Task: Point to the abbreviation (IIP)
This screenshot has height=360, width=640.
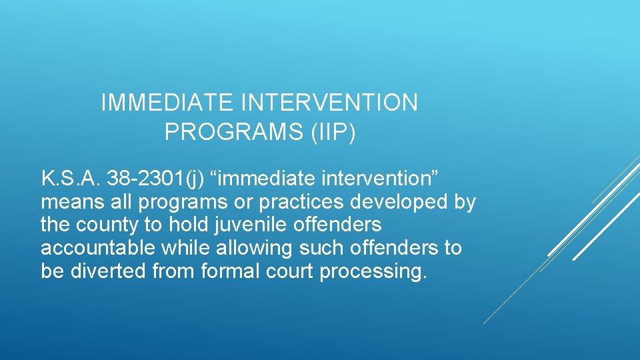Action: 333,132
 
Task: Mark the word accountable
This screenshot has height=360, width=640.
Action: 98,249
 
